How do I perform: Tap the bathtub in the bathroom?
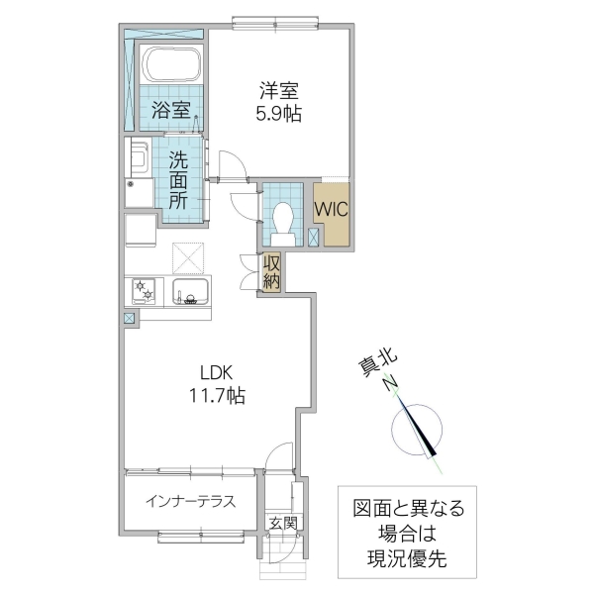point(171,65)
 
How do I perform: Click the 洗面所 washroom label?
point(179,179)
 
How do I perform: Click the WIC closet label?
point(329,210)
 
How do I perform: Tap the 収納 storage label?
point(272,271)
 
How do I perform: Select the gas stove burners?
point(145,292)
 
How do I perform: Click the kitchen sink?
point(189,293)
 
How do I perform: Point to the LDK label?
point(215,374)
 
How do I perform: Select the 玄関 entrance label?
point(282,524)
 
